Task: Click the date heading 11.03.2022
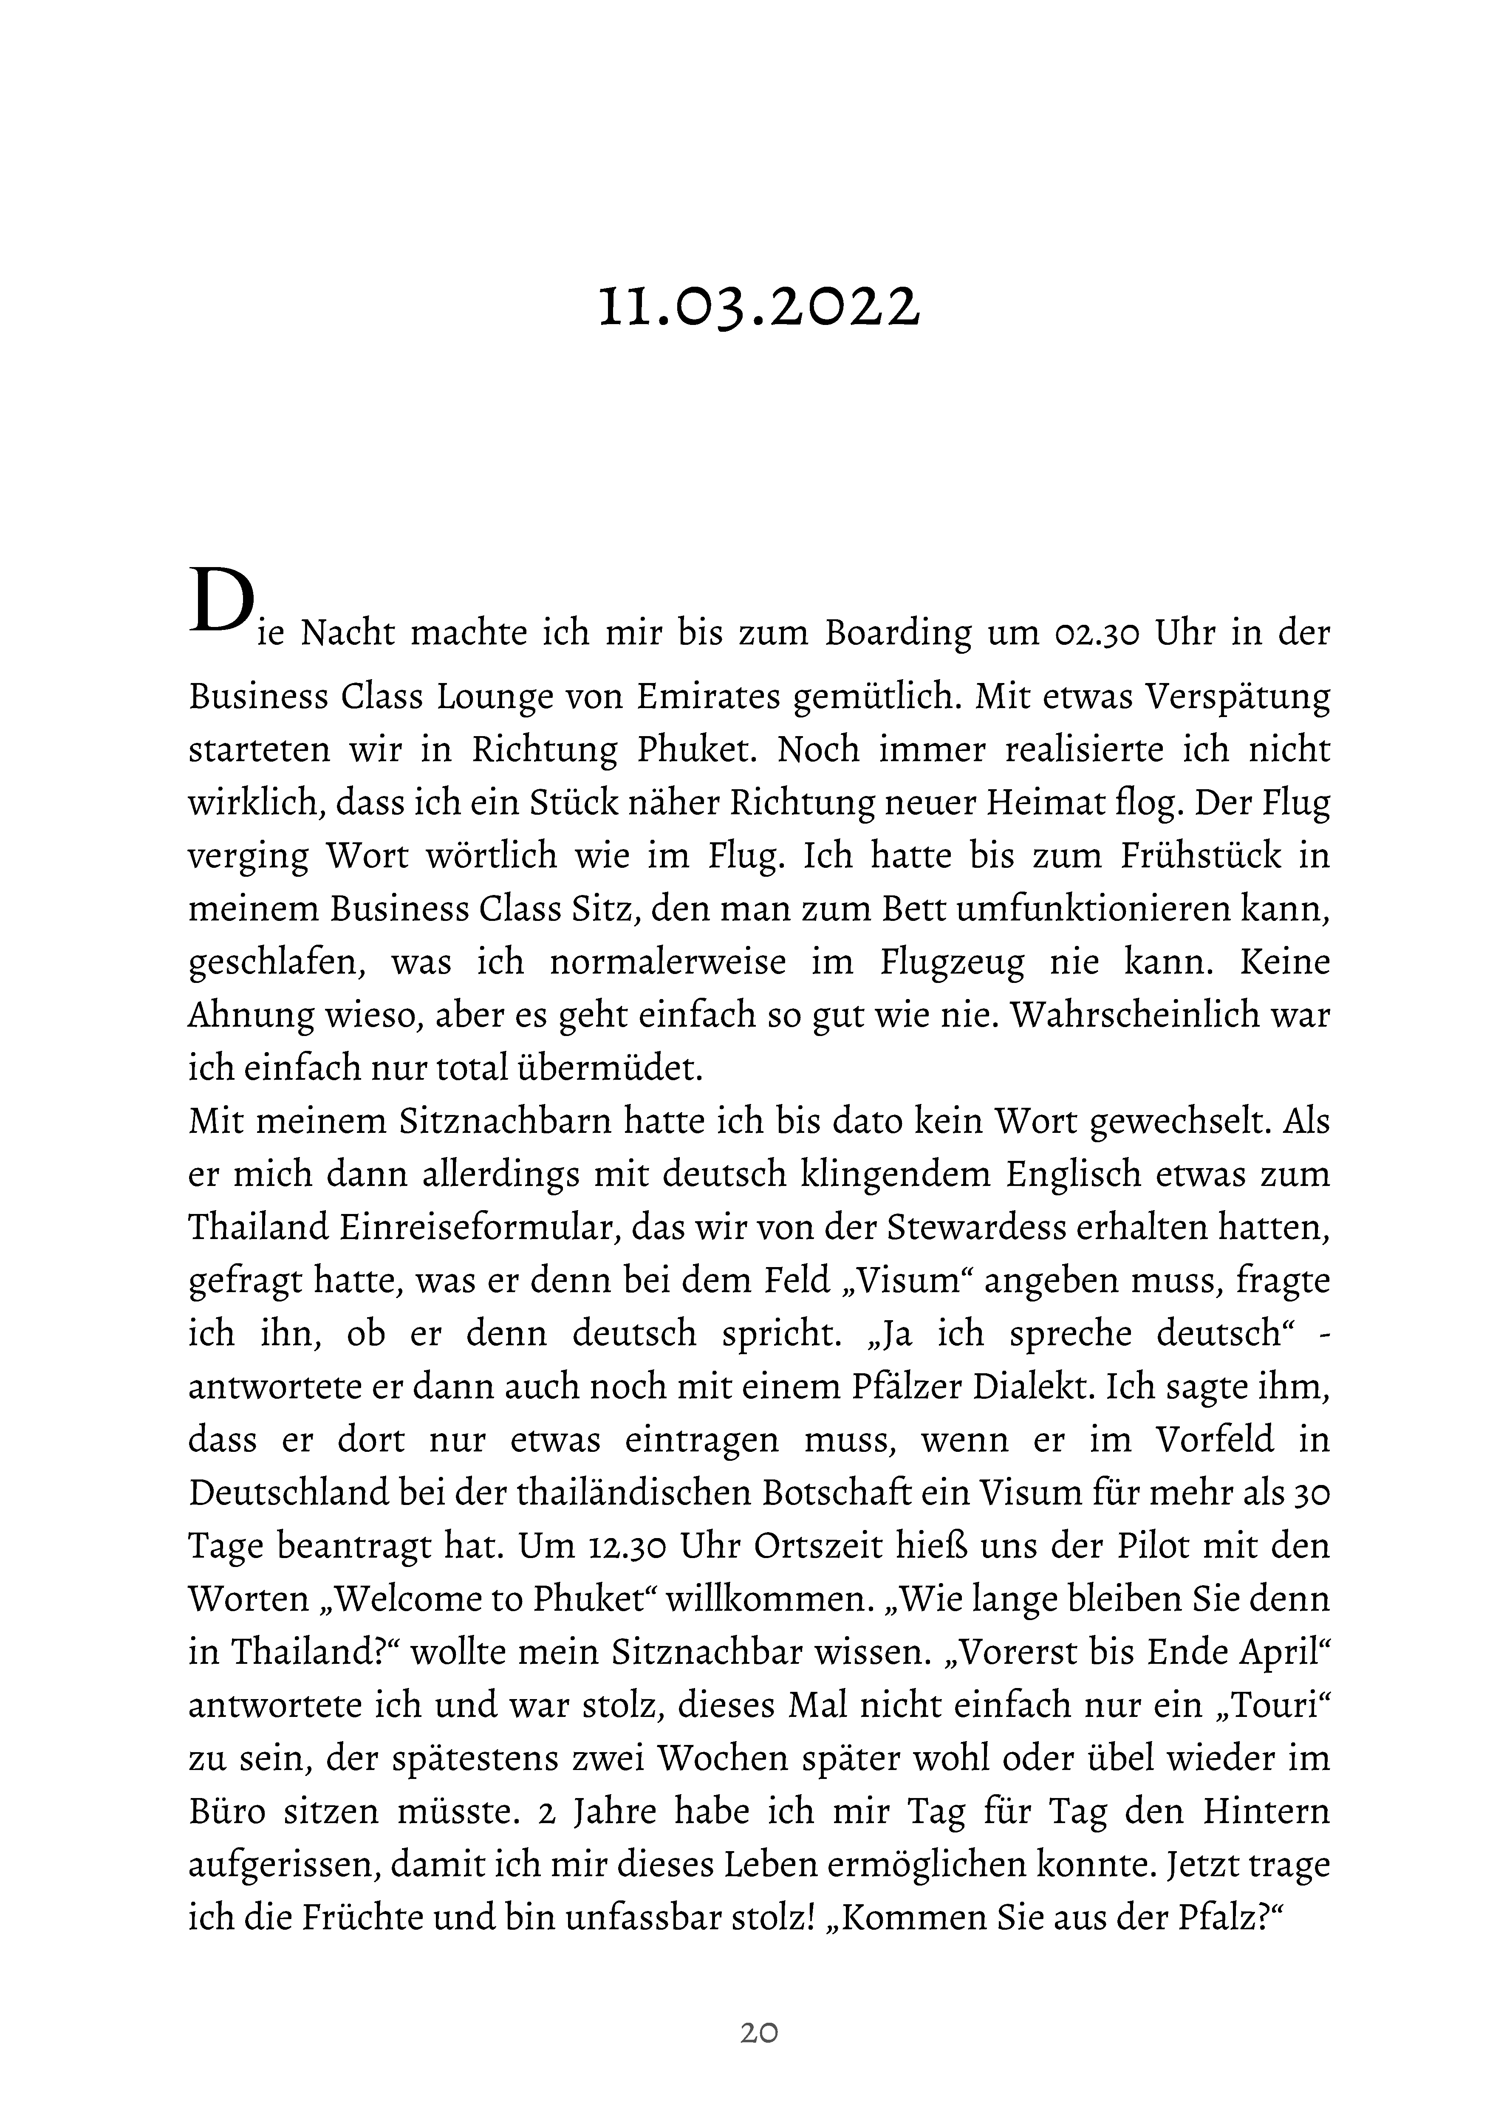[758, 305]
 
